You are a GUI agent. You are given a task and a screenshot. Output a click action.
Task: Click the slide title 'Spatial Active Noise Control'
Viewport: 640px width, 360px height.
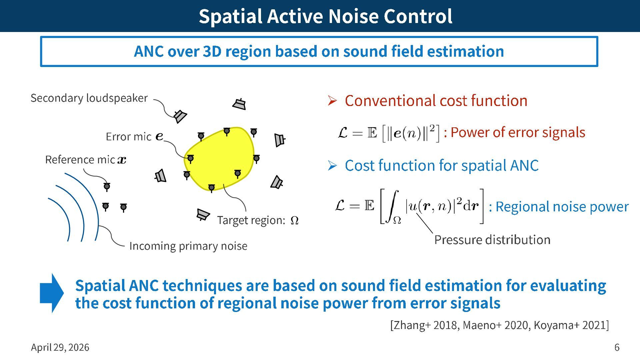pos(325,16)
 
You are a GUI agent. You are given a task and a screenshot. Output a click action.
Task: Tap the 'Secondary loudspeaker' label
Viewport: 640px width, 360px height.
pos(89,98)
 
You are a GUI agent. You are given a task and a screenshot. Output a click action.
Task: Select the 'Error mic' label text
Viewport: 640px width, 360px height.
pos(129,137)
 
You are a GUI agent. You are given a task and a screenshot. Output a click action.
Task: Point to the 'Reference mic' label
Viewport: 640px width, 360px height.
pos(80,160)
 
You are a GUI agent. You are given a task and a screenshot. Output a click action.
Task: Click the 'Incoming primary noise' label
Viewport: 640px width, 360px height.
pos(188,246)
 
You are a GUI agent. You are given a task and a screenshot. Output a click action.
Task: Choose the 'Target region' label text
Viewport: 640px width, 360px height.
pos(251,220)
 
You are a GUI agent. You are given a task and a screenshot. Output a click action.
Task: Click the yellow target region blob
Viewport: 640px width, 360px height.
pos(220,157)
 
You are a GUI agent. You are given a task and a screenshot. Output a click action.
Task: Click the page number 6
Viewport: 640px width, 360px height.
pos(617,347)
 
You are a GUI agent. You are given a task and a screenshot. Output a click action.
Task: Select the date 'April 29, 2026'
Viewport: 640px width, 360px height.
pos(60,347)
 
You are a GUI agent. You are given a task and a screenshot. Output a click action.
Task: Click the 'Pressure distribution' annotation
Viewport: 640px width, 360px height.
pos(492,240)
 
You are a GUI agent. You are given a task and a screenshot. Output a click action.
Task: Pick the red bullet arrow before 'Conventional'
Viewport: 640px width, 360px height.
pos(332,100)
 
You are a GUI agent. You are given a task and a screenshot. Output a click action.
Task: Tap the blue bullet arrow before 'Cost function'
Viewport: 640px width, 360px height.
pos(332,165)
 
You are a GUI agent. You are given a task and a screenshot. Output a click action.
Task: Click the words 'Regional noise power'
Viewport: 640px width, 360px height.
pos(562,207)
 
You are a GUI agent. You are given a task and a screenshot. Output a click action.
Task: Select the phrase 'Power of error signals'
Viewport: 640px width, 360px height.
pos(518,132)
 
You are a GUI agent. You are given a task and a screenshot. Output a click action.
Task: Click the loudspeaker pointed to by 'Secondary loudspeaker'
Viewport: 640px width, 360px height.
pos(180,116)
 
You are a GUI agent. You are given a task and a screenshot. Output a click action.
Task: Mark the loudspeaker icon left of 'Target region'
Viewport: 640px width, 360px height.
pos(202,215)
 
